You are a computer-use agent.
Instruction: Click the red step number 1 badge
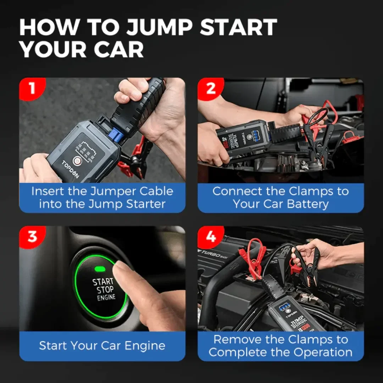(x=32, y=88)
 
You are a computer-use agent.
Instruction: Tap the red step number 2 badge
(x=210, y=88)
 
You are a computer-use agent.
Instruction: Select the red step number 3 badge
(x=32, y=236)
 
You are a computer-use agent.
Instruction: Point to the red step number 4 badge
(x=210, y=236)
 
